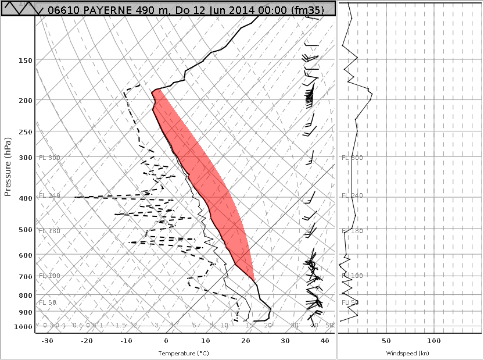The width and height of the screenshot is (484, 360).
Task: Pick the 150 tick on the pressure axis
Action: pos(26,60)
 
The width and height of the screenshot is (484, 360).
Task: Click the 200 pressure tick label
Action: pos(26,101)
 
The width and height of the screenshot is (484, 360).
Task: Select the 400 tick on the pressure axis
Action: pos(26,198)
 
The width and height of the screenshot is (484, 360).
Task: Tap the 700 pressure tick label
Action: pos(26,277)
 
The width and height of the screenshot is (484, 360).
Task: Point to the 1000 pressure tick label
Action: pos(24,327)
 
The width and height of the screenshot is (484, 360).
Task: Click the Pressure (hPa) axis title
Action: pos(8,167)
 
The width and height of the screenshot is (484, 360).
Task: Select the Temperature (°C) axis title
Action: pos(184,353)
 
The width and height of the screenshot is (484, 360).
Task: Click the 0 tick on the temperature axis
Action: pos(166,341)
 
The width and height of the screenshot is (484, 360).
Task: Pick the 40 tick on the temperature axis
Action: pos(325,341)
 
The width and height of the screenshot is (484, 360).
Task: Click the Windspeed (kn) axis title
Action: pos(408,353)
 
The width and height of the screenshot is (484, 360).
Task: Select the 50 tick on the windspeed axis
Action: pos(386,341)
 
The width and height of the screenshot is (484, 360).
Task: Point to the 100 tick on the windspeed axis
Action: pos(434,341)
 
